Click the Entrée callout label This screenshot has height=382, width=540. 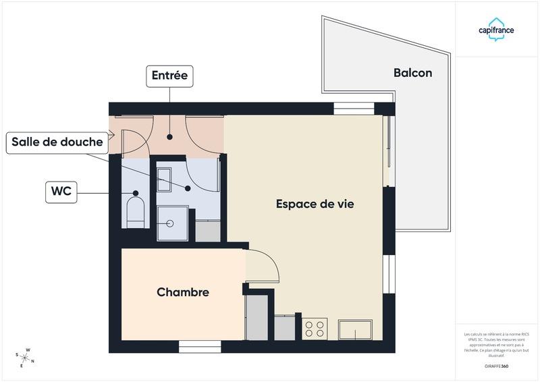pyautogui.click(x=169, y=76)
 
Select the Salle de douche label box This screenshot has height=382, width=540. pyautogui.click(x=57, y=142)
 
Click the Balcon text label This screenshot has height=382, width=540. pyautogui.click(x=412, y=73)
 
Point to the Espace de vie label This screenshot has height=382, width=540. pyautogui.click(x=315, y=203)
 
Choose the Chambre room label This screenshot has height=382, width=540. pyautogui.click(x=182, y=292)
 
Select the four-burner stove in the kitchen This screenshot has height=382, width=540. pyautogui.click(x=315, y=329)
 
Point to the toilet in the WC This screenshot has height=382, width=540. pyautogui.click(x=136, y=211)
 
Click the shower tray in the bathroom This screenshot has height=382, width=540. pyautogui.click(x=172, y=223)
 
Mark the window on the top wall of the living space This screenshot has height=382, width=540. pyautogui.click(x=354, y=109)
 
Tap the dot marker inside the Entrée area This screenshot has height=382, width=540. pyautogui.click(x=169, y=136)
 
